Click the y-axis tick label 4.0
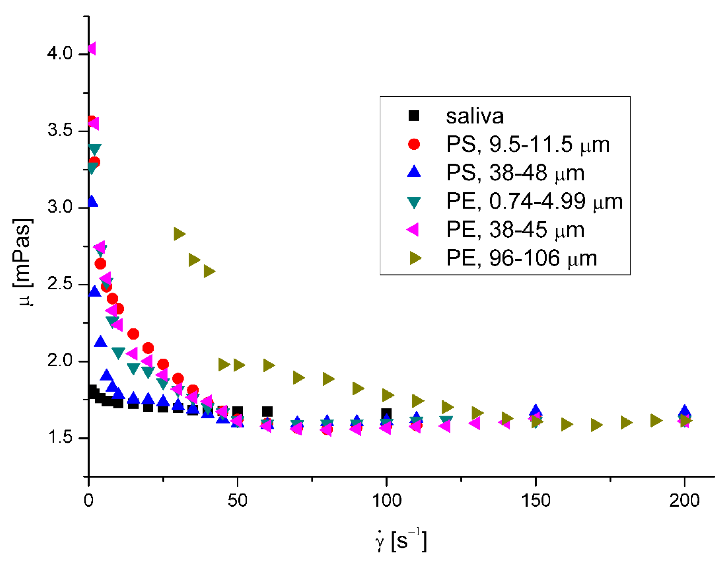click(60, 53)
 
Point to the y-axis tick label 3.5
click(60, 130)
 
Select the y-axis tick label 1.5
click(60, 438)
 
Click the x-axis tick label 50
click(237, 500)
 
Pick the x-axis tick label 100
click(387, 500)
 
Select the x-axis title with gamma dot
click(401, 540)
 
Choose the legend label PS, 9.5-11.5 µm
click(528, 144)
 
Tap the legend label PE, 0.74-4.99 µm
click(534, 201)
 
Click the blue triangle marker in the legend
click(414, 172)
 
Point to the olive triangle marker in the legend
click(415, 258)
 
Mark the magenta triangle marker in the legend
click(413, 230)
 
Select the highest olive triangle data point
click(179, 234)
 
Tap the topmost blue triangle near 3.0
click(93, 201)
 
